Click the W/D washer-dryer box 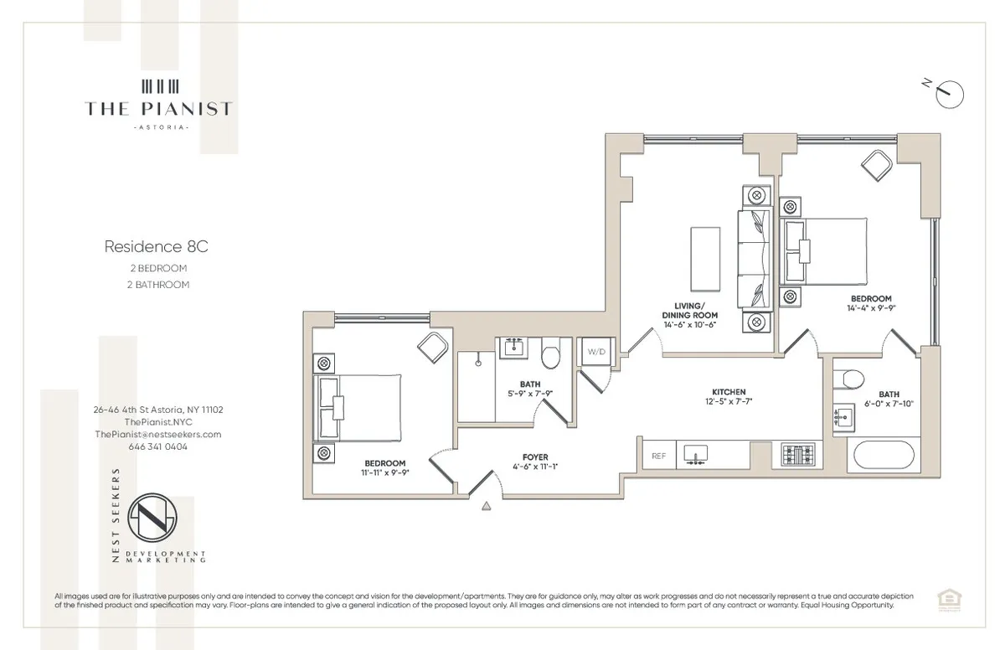pyautogui.click(x=595, y=352)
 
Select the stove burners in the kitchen pyautogui.click(x=797, y=455)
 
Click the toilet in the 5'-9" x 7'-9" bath pyautogui.click(x=550, y=357)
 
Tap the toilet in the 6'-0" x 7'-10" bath pyautogui.click(x=853, y=378)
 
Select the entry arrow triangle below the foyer pyautogui.click(x=485, y=505)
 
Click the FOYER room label pyautogui.click(x=534, y=457)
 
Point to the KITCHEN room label pyautogui.click(x=729, y=392)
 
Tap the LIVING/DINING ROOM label pyautogui.click(x=690, y=310)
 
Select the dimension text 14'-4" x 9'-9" pyautogui.click(x=871, y=308)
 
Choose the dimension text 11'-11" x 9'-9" pyautogui.click(x=384, y=472)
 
